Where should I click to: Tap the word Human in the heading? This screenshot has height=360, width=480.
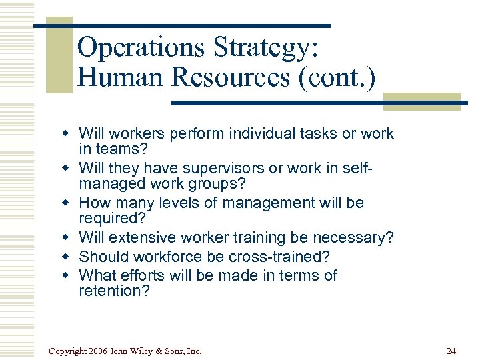tap(120, 77)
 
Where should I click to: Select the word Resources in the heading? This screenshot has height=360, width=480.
tap(229, 77)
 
